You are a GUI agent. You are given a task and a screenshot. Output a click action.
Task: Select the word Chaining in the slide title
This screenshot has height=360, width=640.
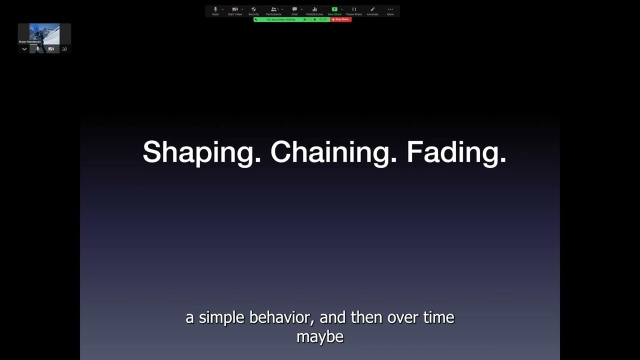coord(333,152)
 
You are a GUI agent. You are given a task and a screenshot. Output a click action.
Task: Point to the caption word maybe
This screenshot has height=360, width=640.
coord(320,336)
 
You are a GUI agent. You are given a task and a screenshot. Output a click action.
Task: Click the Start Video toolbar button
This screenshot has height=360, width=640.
coord(234,10)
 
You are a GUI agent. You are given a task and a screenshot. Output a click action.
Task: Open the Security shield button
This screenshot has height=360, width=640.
coord(253,10)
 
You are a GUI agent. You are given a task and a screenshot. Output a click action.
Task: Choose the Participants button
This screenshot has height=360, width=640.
coord(273,10)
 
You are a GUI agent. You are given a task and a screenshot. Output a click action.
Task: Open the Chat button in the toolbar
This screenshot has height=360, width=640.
coord(294,10)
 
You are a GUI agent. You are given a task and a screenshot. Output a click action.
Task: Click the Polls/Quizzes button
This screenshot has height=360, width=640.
coord(314,10)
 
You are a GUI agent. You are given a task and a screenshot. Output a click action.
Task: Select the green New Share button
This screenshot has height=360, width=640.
coord(334,10)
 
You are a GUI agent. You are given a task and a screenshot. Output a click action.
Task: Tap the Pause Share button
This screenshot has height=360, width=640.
coord(354,10)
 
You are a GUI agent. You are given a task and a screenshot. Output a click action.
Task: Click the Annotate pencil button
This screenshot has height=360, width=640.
coord(372,10)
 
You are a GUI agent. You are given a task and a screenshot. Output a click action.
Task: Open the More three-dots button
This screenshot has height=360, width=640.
coord(390,10)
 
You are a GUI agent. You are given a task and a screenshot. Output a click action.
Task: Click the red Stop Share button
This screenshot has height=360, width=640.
coord(341,19)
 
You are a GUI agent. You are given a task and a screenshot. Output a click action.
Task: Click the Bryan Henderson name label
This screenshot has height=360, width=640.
coord(30,42)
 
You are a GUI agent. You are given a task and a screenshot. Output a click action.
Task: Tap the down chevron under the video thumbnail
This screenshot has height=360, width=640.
coord(24,49)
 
